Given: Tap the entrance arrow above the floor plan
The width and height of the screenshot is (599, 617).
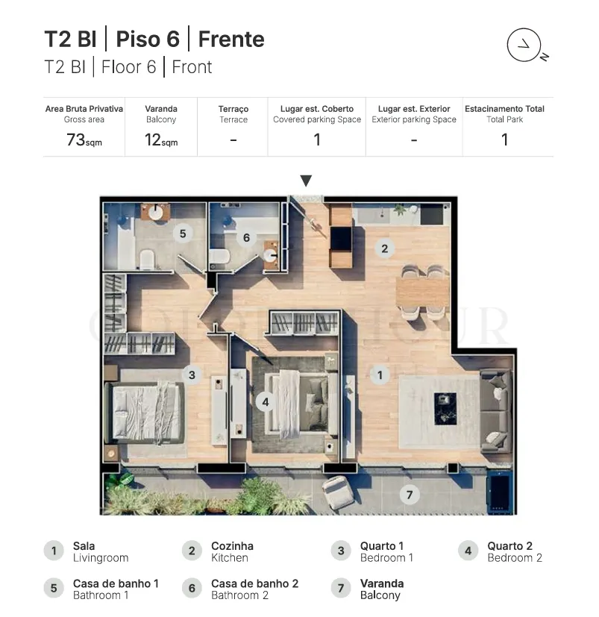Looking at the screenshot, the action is pos(306,181).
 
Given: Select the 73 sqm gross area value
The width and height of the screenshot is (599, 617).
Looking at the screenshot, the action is pos(84,140).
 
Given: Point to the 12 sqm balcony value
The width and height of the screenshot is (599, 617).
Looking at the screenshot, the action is pos(161,140).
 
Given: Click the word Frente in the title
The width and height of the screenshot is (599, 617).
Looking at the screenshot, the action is pos(231,39).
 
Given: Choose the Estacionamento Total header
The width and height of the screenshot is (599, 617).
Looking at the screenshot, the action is pos(504,109).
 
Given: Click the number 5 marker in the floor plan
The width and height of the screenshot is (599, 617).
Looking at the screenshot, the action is pos(183,234).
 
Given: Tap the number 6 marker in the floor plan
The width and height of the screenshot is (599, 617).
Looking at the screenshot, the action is pos(246,238).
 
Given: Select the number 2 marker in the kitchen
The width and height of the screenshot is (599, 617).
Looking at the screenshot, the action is pos(384,248).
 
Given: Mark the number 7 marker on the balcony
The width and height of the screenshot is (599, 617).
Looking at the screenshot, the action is pos(410,495).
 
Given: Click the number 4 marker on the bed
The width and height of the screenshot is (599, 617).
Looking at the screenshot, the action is pos(266,401).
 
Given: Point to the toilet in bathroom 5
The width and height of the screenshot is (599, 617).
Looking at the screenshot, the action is pos(148,260).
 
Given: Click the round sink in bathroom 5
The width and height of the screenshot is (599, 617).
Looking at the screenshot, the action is pos(155,213).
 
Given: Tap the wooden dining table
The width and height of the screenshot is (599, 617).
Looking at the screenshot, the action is pos(423,292).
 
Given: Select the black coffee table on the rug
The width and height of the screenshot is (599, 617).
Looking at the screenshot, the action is pos(445,408).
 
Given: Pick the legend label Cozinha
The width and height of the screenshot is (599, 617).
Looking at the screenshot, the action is pos(232,546).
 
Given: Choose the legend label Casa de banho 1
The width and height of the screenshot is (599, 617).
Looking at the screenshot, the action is pos(116,583).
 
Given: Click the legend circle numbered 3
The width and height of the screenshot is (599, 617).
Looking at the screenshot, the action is pos(341,551).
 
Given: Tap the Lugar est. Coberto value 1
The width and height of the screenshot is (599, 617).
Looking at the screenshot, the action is pos(317,140).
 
